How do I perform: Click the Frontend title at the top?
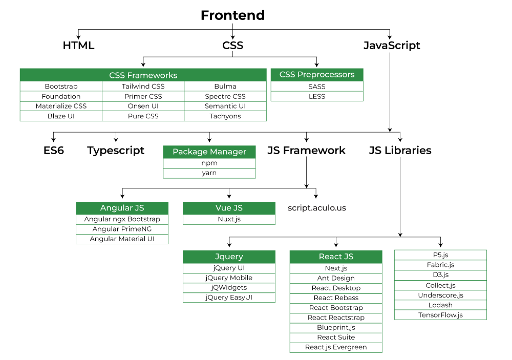(232, 15)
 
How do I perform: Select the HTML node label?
(78, 46)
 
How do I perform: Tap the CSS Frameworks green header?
(143, 75)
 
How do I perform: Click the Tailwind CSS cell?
(143, 87)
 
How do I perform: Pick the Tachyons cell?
(225, 116)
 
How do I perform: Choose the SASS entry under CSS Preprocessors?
(317, 87)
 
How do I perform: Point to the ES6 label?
(53, 151)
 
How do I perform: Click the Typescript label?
(116, 151)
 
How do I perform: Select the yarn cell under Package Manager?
(209, 173)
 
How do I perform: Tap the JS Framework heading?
(306, 151)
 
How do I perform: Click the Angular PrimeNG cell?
(122, 229)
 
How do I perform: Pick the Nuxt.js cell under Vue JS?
(229, 219)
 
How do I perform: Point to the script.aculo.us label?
(317, 208)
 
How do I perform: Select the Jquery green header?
(229, 257)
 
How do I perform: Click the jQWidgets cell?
(229, 288)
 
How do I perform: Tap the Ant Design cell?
(336, 278)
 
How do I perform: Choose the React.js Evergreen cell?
(336, 347)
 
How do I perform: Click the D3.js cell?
(440, 275)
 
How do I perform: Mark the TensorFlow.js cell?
(440, 315)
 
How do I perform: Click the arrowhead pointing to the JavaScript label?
(390, 37)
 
